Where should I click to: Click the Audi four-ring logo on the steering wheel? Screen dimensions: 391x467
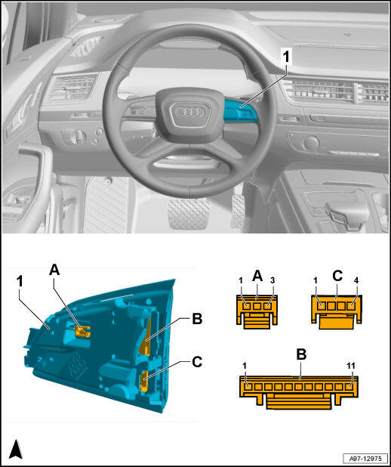pyautogui.click(x=190, y=112)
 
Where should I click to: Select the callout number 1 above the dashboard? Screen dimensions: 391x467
pyautogui.click(x=285, y=57)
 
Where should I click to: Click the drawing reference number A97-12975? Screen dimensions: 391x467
pyautogui.click(x=365, y=458)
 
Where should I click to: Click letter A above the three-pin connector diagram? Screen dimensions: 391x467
pyautogui.click(x=257, y=276)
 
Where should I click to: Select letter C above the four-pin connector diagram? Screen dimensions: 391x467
pyautogui.click(x=337, y=276)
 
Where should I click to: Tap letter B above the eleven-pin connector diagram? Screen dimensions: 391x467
pyautogui.click(x=302, y=354)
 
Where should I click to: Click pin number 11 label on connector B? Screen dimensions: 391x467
pyautogui.click(x=352, y=366)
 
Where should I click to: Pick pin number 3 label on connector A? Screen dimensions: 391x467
pyautogui.click(x=272, y=280)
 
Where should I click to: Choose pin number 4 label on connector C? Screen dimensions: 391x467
pyautogui.click(x=356, y=280)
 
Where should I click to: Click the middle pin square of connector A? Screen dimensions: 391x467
pyautogui.click(x=257, y=306)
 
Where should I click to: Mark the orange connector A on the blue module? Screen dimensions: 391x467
pyautogui.click(x=82, y=331)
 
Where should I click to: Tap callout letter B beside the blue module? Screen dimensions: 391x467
pyautogui.click(x=197, y=319)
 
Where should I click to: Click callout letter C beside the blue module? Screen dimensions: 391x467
pyautogui.click(x=197, y=362)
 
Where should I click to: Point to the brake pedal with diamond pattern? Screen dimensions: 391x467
pyautogui.click(x=189, y=214)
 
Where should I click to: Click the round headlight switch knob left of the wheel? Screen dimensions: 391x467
pyautogui.click(x=79, y=137)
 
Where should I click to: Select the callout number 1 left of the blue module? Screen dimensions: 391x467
pyautogui.click(x=20, y=281)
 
